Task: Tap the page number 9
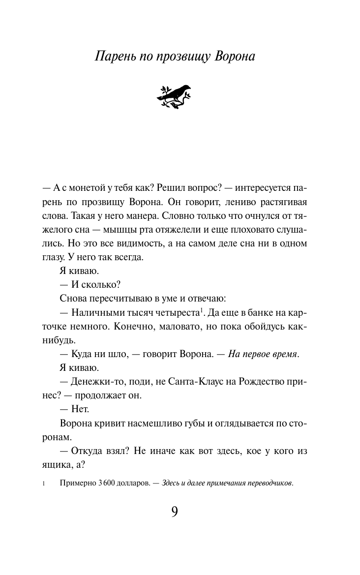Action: click(175, 512)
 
